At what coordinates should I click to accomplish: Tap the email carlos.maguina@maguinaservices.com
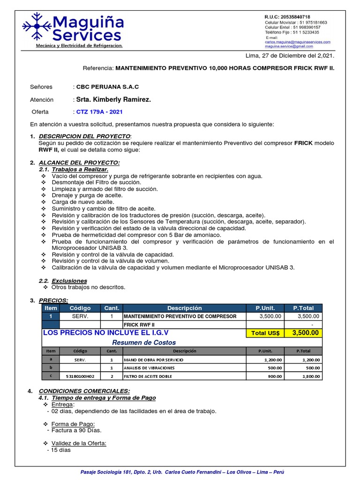[298, 42]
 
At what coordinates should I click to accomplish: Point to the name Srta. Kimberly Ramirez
[114, 99]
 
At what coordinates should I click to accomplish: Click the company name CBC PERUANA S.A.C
[108, 87]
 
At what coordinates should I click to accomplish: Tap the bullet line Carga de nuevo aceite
[80, 202]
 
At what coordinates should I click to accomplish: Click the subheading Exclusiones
[69, 281]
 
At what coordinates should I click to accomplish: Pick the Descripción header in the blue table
[184, 308]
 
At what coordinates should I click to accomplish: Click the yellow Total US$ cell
[265, 333]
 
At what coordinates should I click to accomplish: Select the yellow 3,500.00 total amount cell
[305, 333]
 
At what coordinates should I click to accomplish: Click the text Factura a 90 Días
[76, 430]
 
